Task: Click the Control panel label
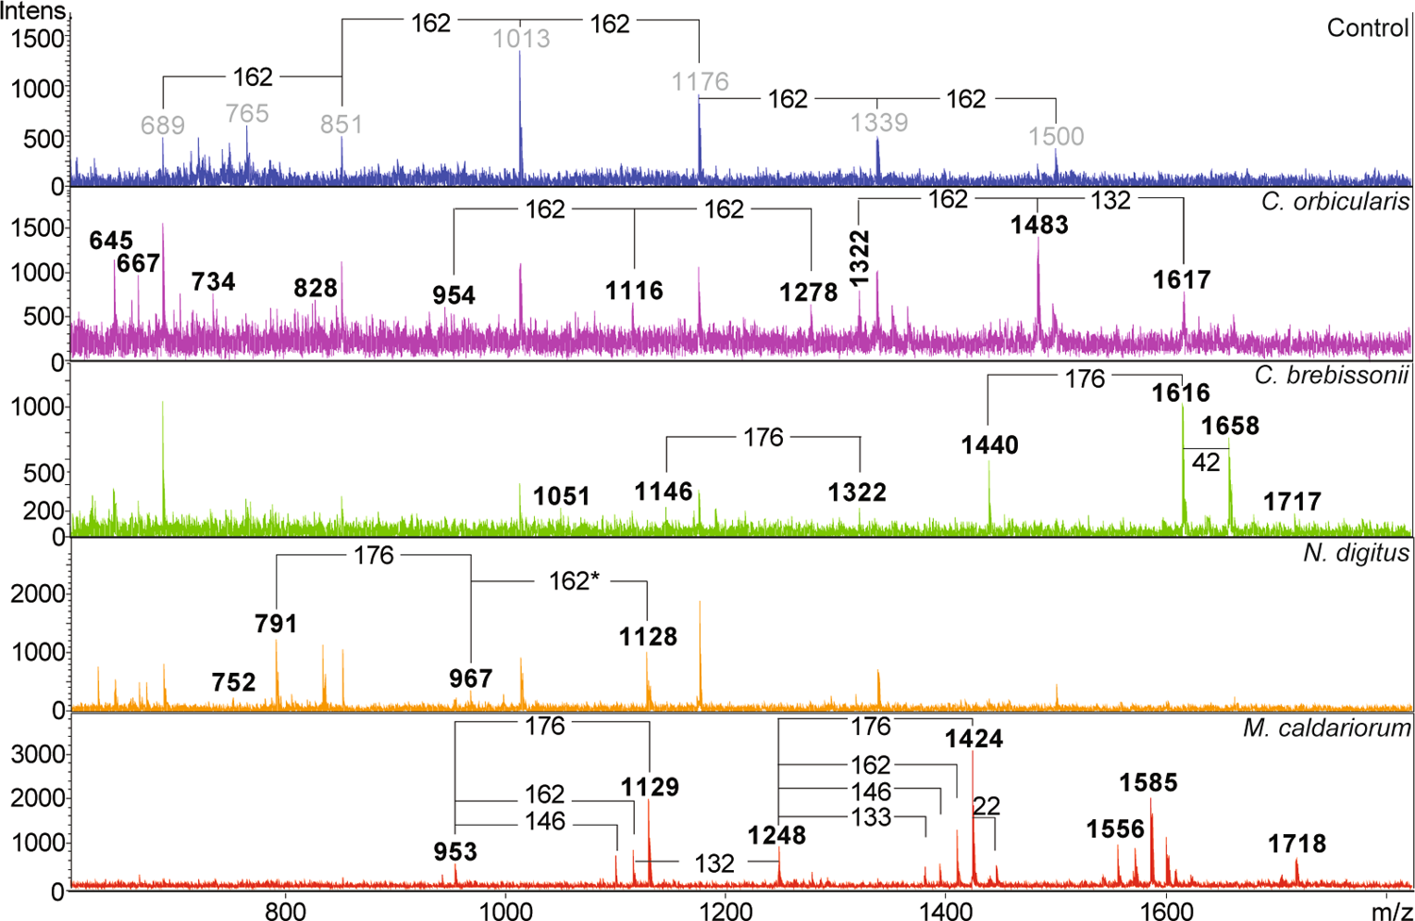(1367, 28)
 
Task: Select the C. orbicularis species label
(1335, 202)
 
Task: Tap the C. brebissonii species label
(1331, 375)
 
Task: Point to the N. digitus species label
(1356, 553)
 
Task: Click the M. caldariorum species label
(1326, 728)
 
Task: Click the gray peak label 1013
(521, 40)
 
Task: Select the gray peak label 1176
(700, 82)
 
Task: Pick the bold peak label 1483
(1039, 226)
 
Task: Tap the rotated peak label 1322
(858, 257)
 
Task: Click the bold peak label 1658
(1229, 426)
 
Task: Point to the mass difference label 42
(1206, 462)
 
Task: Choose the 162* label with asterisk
(574, 581)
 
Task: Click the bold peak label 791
(275, 624)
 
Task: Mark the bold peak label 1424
(974, 739)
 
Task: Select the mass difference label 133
(870, 817)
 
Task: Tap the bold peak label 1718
(1296, 844)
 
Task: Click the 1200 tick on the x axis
(725, 910)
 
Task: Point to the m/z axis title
(1391, 910)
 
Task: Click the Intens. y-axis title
(34, 11)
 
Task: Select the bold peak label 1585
(1148, 783)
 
